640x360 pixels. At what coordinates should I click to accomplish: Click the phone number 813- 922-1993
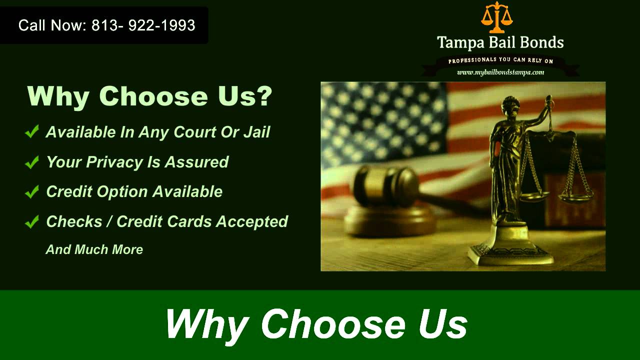(143, 25)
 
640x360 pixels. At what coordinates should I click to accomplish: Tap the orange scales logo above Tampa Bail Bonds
(497, 18)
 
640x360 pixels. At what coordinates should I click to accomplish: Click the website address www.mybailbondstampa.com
(500, 72)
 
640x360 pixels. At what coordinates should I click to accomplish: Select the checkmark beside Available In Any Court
(32, 132)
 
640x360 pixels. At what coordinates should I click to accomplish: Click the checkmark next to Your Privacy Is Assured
(32, 162)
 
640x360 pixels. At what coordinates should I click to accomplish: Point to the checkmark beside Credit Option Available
(32, 192)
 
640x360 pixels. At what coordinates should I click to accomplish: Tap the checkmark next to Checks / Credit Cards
(32, 221)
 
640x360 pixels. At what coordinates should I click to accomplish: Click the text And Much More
(94, 249)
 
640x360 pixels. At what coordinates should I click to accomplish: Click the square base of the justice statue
(510, 255)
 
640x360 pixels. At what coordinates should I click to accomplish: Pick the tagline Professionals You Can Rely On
(500, 61)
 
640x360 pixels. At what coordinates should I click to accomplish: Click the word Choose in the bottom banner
(333, 324)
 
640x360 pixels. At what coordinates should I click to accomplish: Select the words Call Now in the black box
(52, 25)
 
